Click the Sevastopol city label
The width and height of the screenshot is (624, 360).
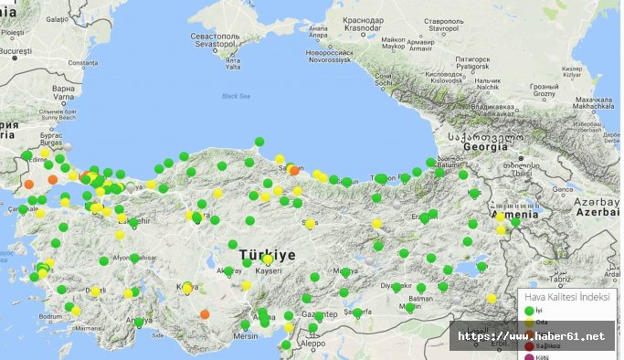point(215,37)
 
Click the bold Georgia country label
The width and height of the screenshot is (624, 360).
point(485,145)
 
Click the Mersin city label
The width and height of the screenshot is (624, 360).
point(244,335)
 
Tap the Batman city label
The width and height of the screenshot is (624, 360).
point(420,300)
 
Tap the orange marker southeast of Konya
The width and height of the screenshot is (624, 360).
point(205,313)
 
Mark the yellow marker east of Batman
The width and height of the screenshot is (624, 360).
point(492,298)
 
